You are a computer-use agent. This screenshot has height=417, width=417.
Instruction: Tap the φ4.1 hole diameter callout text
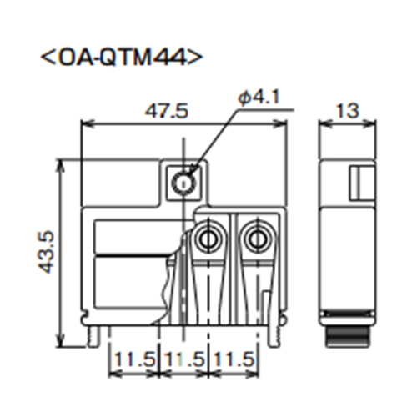[x=257, y=98]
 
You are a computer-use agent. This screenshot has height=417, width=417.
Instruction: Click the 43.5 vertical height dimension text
[x=47, y=249]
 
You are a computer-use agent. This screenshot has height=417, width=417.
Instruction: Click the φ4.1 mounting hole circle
[x=182, y=180]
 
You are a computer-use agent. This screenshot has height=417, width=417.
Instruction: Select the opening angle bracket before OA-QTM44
[x=48, y=58]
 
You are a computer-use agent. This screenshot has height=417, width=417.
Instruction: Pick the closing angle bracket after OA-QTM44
[x=195, y=58]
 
